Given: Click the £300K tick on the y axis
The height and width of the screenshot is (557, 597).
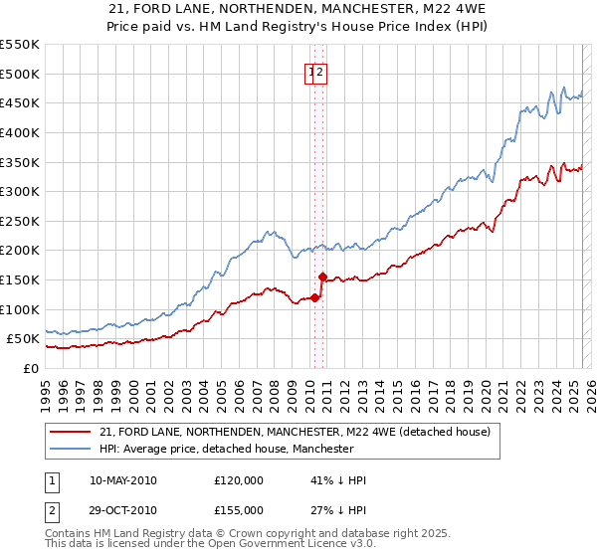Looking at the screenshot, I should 20,191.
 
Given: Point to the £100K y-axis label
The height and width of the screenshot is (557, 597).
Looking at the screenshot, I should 20,309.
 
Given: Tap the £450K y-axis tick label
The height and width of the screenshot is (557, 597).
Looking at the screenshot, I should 20,102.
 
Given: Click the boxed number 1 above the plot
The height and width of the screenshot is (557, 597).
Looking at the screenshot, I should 311,71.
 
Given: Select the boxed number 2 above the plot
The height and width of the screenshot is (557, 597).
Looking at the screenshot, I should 321,71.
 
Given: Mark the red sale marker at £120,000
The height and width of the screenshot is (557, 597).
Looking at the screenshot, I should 314,297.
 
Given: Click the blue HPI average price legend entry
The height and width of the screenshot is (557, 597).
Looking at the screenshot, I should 226,449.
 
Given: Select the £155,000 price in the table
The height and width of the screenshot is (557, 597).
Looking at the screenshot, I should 239,510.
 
